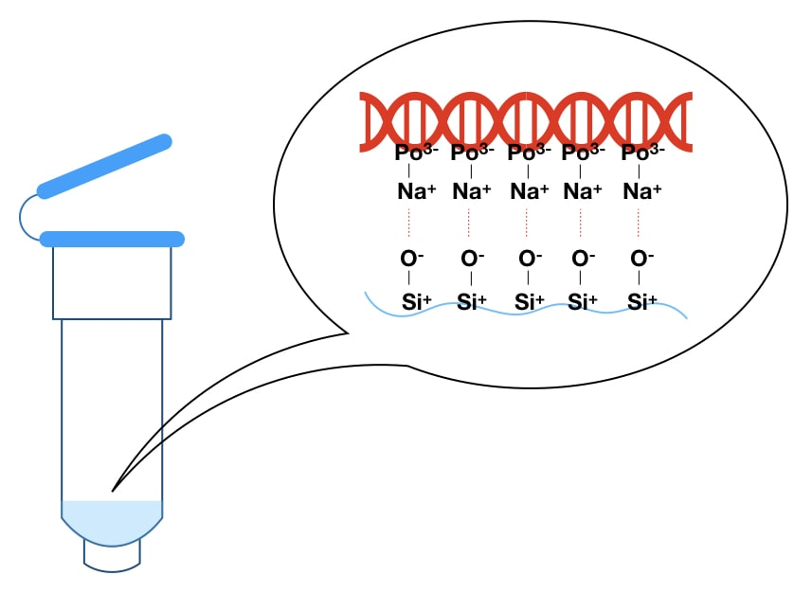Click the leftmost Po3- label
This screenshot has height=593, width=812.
pos(416,153)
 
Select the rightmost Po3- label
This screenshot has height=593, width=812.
pos(642,153)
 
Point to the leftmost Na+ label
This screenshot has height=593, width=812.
pos(417,191)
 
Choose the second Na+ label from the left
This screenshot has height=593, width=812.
pos(472,191)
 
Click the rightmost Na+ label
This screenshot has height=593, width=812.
pos(641,191)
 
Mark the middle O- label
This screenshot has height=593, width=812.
pos(528,259)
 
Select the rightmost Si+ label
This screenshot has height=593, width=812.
pos(642,303)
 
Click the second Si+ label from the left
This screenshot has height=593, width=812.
pos(472,303)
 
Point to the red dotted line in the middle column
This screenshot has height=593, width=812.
pos(527,224)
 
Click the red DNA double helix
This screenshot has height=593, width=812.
pos(526,120)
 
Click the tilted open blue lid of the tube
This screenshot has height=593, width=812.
pos(104,166)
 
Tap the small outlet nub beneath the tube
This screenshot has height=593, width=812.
pos(112,558)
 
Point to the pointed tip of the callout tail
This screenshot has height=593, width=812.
pos(113,490)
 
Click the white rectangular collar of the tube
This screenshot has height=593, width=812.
pos(112,282)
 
